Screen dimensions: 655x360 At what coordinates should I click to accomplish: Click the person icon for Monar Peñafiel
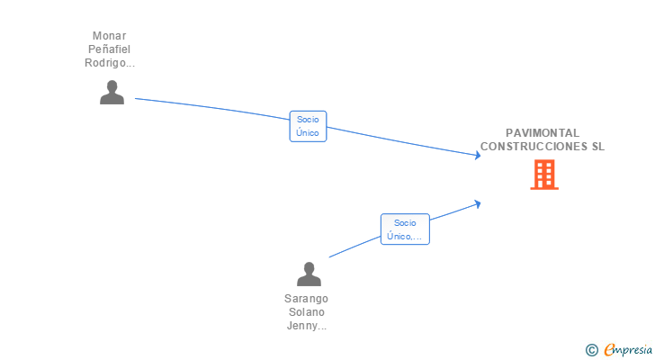point(112,93)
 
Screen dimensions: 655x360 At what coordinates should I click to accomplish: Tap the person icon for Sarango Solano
point(309,274)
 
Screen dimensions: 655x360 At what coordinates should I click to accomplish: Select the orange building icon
point(544,175)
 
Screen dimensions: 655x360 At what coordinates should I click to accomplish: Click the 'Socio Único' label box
point(308,126)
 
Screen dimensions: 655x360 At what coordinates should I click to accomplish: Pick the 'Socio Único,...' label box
point(405,229)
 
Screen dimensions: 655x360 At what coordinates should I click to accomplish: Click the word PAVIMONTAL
point(543,133)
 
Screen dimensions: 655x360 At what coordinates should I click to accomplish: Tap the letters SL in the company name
point(598,146)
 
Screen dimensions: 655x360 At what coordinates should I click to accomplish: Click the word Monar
point(110,36)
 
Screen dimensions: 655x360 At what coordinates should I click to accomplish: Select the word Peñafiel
point(110,49)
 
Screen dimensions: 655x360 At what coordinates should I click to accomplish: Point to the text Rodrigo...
point(105,63)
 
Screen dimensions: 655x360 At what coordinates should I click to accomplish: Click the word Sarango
point(306,299)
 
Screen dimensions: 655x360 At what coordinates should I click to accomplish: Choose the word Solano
point(307,312)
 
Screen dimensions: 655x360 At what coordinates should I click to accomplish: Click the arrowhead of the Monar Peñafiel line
point(478,156)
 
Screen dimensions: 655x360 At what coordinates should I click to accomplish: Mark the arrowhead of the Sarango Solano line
point(478,204)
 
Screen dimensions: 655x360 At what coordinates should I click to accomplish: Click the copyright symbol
point(591,350)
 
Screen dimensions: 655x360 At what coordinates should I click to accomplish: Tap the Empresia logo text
point(628,349)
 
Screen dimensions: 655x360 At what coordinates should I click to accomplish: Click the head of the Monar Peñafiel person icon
point(112,86)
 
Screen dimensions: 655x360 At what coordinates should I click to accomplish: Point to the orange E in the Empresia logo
point(610,349)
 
